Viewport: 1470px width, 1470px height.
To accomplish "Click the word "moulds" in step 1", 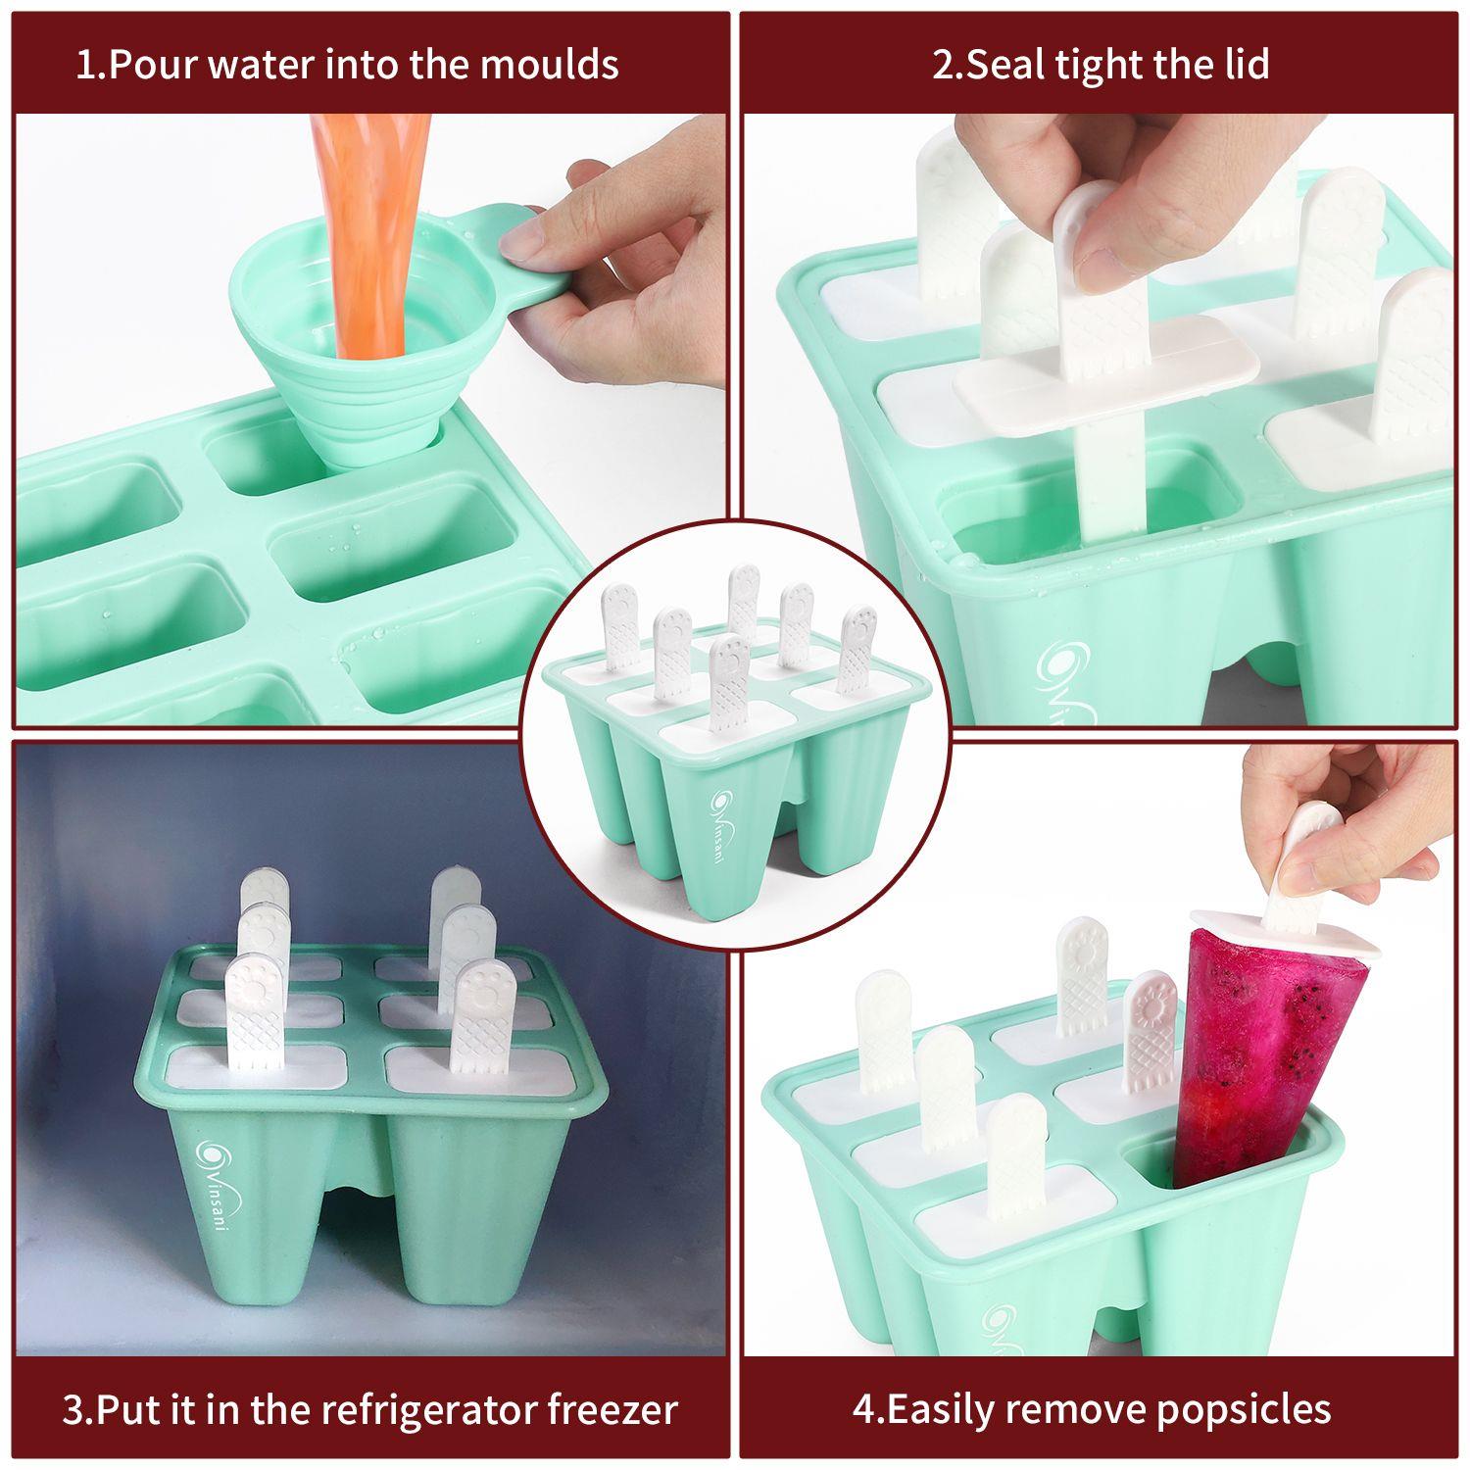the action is coord(550,65).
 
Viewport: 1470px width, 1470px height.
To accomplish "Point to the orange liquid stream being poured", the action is coord(366,235).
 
